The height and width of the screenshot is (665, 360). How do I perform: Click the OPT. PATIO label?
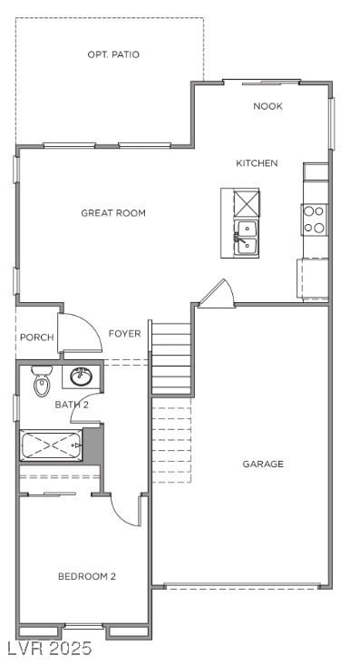tap(113, 54)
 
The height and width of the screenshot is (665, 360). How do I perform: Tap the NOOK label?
tap(268, 106)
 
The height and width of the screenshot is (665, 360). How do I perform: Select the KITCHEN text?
tap(257, 163)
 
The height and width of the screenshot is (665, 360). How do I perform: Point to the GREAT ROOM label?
tap(113, 213)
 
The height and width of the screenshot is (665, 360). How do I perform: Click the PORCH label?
tap(36, 337)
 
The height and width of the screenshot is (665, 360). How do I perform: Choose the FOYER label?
tap(125, 334)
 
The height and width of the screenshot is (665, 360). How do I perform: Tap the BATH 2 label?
tap(72, 405)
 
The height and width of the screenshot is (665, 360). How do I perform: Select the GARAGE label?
tap(263, 464)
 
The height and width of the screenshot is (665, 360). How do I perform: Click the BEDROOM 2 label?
tap(87, 576)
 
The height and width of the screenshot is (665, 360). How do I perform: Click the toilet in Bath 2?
tap(41, 384)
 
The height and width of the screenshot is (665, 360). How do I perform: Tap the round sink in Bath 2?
tap(81, 375)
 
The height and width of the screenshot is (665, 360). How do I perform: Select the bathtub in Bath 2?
tap(52, 446)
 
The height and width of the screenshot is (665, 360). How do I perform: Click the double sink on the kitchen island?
tap(246, 238)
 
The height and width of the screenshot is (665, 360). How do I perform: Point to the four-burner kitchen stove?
tap(314, 219)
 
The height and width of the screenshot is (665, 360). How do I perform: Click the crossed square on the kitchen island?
tap(246, 201)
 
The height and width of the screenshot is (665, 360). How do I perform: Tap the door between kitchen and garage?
tap(218, 294)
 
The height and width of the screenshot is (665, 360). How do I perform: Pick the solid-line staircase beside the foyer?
tap(171, 358)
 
